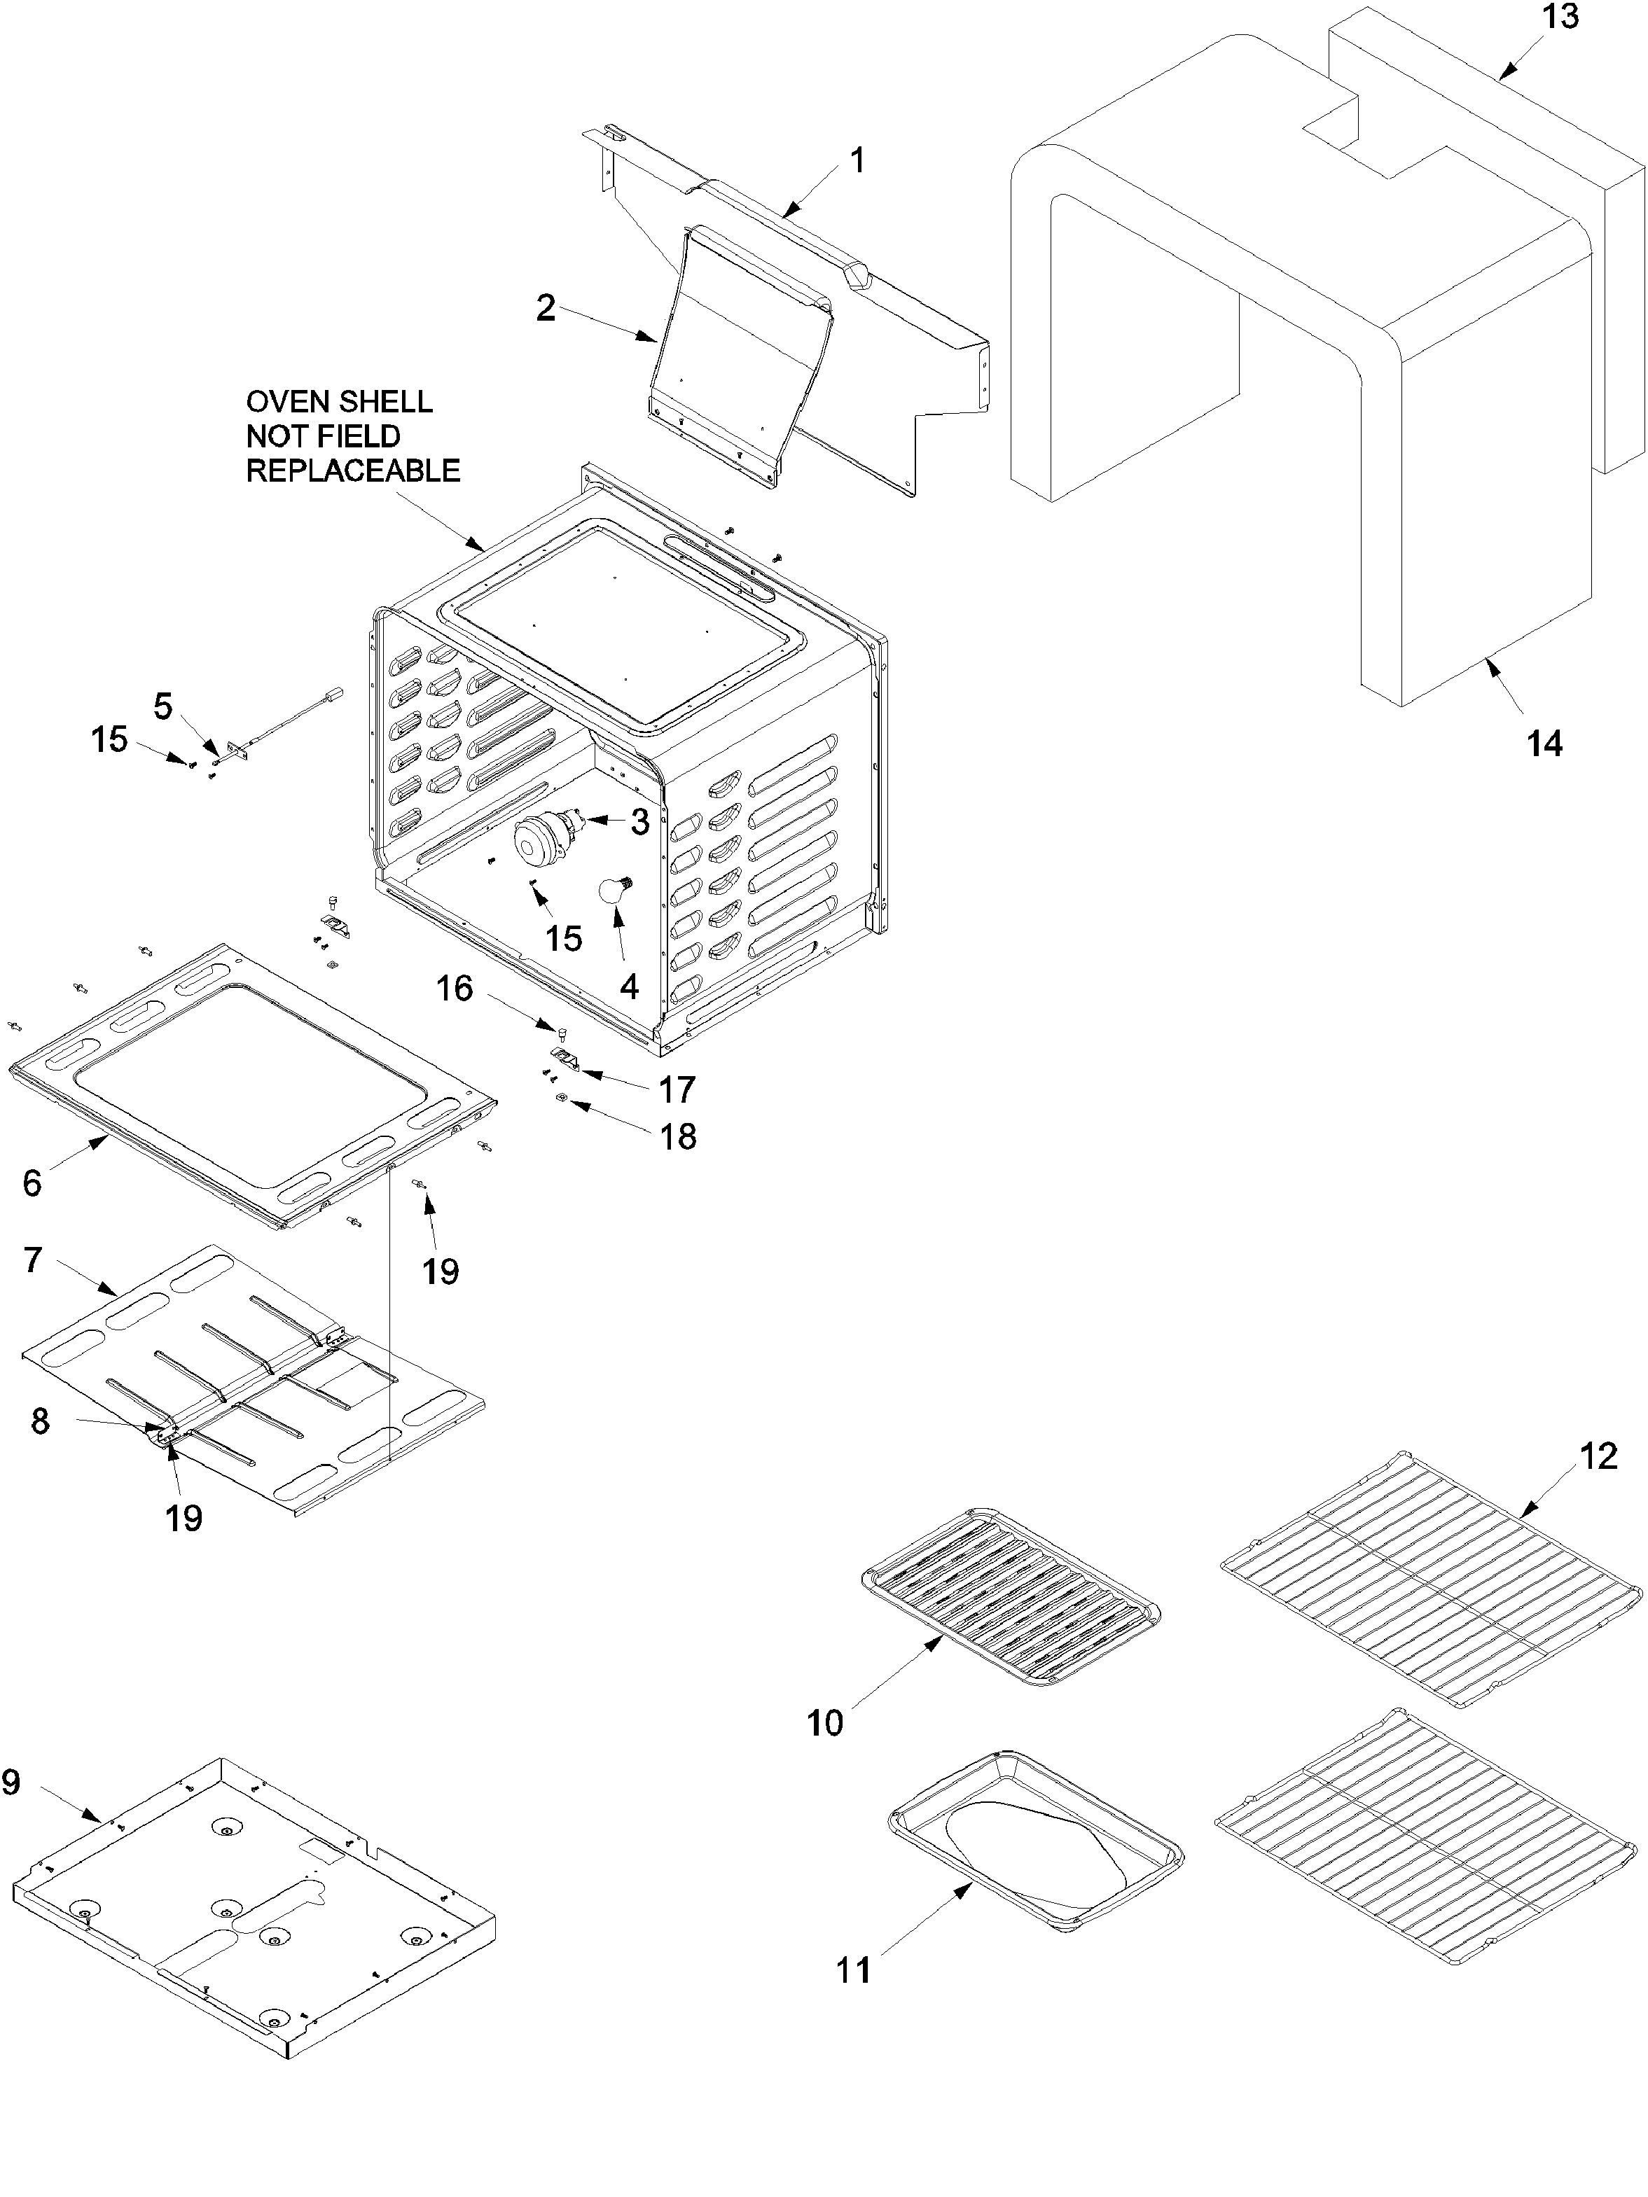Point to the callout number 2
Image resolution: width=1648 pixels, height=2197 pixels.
pos(546,308)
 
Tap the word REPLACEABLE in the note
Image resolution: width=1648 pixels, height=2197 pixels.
pos(353,470)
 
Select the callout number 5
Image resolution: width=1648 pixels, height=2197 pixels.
pos(163,707)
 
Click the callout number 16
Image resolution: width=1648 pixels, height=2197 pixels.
pos(455,989)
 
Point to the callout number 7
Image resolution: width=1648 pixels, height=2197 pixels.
pos(33,1260)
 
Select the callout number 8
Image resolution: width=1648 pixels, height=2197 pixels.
pos(40,1421)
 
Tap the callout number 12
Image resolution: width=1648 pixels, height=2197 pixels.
pos(1598,1457)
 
